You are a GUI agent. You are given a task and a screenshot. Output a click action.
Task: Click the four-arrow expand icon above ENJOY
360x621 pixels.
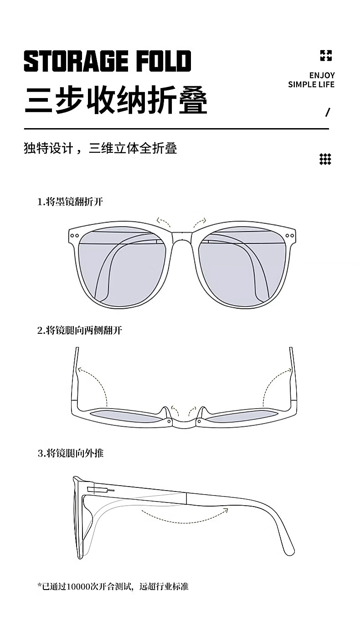pyautogui.click(x=325, y=56)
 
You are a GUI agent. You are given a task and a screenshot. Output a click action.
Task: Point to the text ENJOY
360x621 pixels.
pyautogui.click(x=322, y=75)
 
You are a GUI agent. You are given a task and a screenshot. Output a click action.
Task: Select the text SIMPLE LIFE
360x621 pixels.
pyautogui.click(x=311, y=84)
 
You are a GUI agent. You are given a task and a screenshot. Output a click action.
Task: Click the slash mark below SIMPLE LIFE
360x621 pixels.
pyautogui.click(x=327, y=112)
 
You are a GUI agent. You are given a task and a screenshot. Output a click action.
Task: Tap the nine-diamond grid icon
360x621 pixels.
pyautogui.click(x=325, y=159)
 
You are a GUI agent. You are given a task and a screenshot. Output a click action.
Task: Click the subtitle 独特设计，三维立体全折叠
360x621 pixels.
pyautogui.click(x=100, y=148)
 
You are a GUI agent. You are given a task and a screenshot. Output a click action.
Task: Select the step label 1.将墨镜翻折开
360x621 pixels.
pyautogui.click(x=70, y=202)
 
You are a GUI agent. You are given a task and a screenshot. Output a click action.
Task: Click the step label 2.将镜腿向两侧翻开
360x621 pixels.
pyautogui.click(x=79, y=331)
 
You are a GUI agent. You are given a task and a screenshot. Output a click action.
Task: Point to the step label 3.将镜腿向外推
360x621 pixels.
pyautogui.click(x=70, y=453)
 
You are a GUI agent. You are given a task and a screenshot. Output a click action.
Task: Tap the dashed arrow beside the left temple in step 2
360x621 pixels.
pyautogui.click(x=93, y=383)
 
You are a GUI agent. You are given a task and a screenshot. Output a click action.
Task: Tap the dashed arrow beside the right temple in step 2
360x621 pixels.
pyautogui.click(x=276, y=383)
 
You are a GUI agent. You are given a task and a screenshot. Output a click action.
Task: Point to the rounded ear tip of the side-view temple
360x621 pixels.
pyautogui.click(x=288, y=549)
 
